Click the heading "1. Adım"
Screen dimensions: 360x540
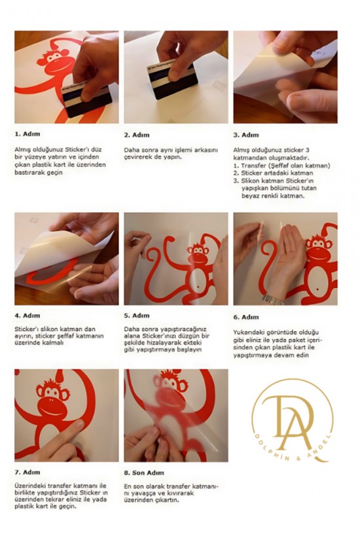pos(27,134)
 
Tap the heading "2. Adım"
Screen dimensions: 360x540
pos(137,135)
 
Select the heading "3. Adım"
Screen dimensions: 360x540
pos(246,135)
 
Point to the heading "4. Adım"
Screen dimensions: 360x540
pos(27,315)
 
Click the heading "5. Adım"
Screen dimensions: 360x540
pos(137,315)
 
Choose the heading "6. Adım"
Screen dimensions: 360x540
pos(246,317)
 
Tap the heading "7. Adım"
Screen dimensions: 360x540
pos(27,472)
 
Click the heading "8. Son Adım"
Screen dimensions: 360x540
pos(144,473)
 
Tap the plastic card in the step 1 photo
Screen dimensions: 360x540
pos(88,99)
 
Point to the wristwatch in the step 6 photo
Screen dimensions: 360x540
pos(273,299)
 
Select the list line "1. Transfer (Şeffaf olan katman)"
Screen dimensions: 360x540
pos(282,166)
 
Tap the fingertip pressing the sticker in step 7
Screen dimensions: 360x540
pos(77,425)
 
